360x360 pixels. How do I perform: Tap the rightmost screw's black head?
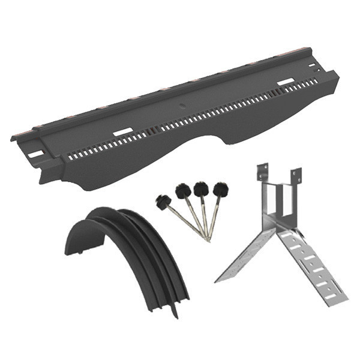220,189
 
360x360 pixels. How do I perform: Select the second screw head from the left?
183,191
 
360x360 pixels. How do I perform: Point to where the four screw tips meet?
207,239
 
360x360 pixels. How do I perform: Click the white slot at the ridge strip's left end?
36,154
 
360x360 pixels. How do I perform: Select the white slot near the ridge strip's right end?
286,81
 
